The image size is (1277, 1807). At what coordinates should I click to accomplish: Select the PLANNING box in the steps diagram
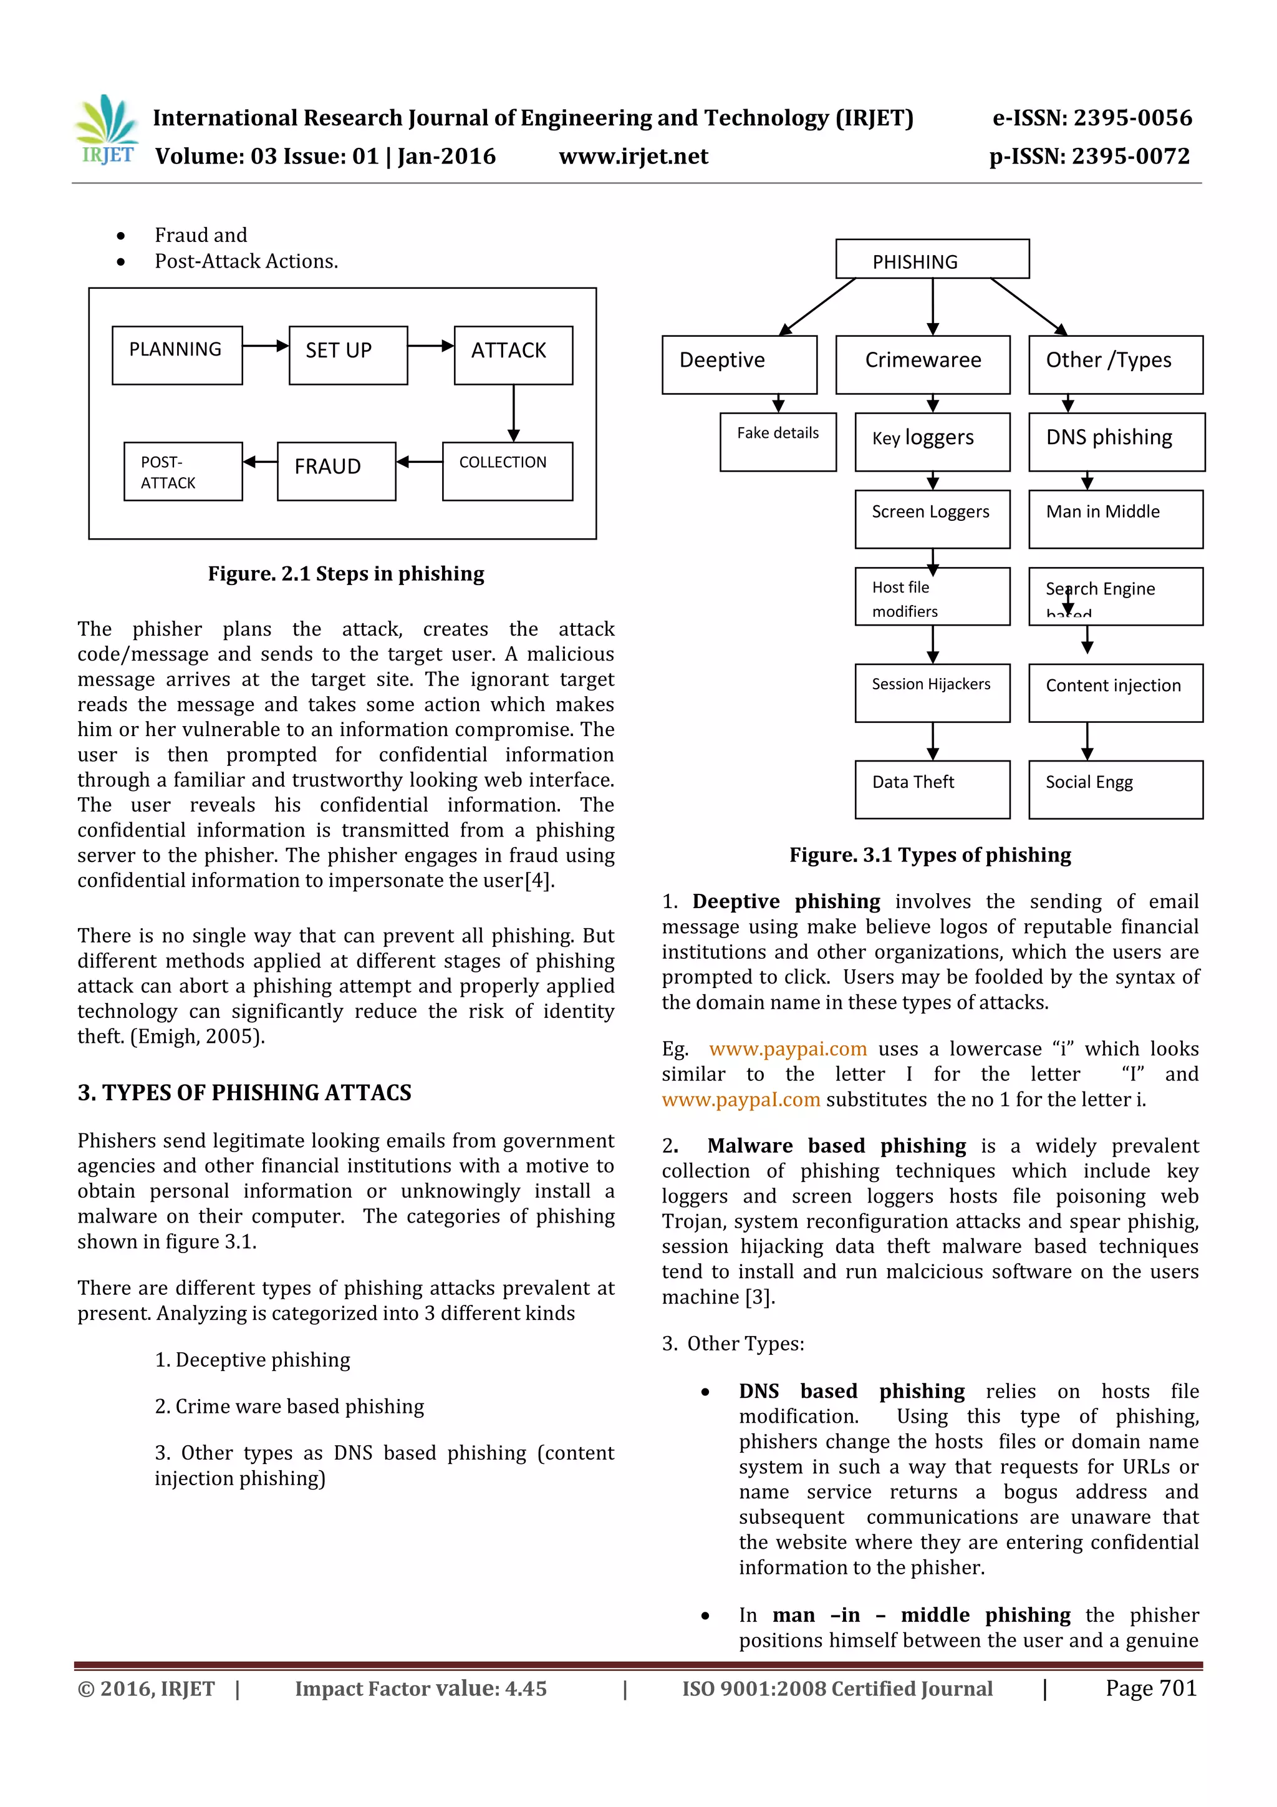click(x=177, y=355)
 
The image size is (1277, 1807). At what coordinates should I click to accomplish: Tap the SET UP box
click(x=348, y=355)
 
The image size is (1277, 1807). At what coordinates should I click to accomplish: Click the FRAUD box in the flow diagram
click(x=336, y=471)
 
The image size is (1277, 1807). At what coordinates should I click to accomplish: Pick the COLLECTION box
click(x=508, y=471)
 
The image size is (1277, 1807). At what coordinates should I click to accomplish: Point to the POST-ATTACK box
click(x=183, y=471)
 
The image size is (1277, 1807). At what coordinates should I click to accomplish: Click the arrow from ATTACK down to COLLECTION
click(x=514, y=413)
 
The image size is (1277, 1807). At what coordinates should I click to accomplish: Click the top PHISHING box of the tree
click(x=932, y=259)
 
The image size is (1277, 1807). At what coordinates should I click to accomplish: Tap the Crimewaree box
click(x=923, y=364)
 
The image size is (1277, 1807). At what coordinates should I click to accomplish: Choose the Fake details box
click(x=778, y=442)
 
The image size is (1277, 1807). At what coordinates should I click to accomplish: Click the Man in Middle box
click(x=1116, y=518)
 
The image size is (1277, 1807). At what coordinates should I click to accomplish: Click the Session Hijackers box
click(x=932, y=692)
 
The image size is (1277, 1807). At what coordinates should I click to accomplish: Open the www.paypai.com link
click(x=788, y=1049)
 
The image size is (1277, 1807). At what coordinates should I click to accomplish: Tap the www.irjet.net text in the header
click(x=634, y=157)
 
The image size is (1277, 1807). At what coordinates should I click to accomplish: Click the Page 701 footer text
click(x=1150, y=1688)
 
